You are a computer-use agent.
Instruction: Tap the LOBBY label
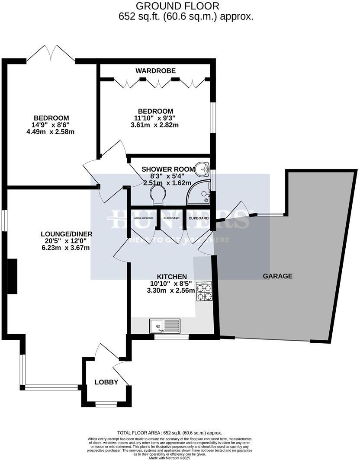pos(106,382)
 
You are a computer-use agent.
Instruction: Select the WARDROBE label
pos(155,70)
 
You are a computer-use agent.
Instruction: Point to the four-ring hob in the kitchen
pos(204,292)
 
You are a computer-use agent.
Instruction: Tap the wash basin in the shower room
pos(202,169)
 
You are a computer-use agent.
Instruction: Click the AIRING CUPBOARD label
pos(143,218)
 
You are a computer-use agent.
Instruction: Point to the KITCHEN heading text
pos(172,277)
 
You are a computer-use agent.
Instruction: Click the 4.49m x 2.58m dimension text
pos(51,132)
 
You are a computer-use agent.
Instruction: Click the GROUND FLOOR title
pos(177,6)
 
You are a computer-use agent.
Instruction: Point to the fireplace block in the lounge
pos(12,277)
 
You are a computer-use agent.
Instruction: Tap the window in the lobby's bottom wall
pos(106,405)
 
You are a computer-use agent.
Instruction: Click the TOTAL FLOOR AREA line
pos(169,433)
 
